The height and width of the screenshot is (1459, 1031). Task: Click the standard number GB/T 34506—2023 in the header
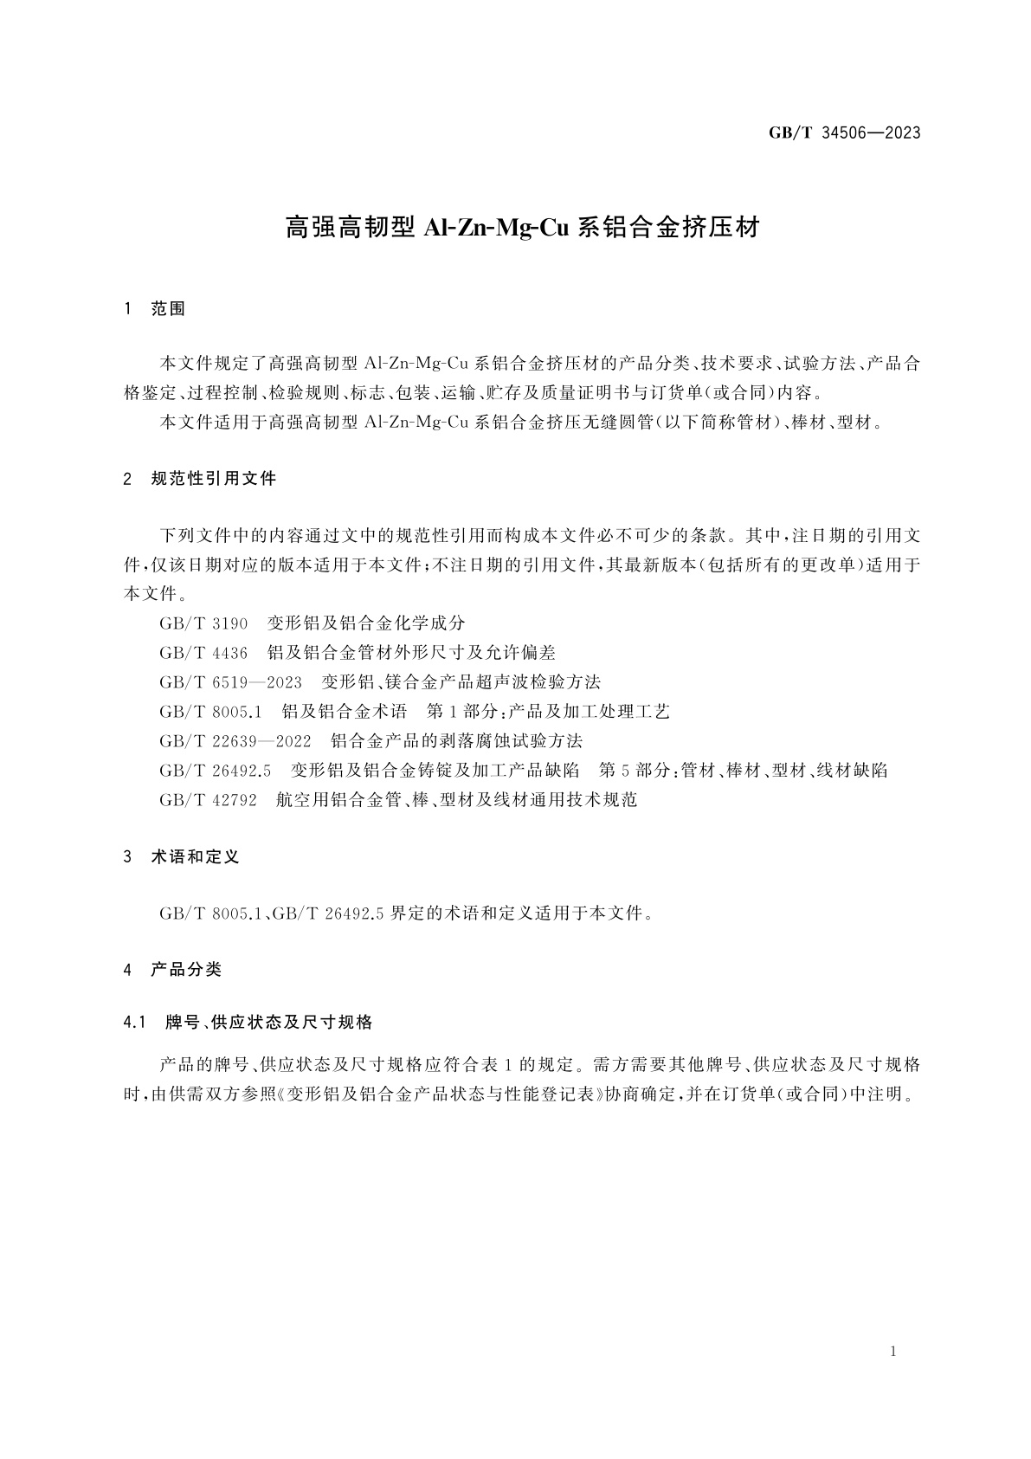(844, 132)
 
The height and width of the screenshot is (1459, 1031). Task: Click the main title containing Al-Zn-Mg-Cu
(522, 228)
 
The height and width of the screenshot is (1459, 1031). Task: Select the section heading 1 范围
(156, 309)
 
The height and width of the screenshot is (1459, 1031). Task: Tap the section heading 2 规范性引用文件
(201, 478)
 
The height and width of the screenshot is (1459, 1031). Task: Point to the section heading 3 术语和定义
(182, 856)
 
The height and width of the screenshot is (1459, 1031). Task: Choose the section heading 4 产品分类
(173, 970)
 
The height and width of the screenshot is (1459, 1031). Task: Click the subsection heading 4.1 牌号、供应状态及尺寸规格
(248, 1023)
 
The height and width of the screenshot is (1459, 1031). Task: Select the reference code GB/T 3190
(203, 623)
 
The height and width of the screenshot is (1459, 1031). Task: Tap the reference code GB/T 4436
(203, 653)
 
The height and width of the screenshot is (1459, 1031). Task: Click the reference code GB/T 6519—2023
(230, 682)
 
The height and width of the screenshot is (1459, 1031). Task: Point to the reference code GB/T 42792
(208, 800)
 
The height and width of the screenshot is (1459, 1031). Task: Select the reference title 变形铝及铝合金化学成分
(366, 623)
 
